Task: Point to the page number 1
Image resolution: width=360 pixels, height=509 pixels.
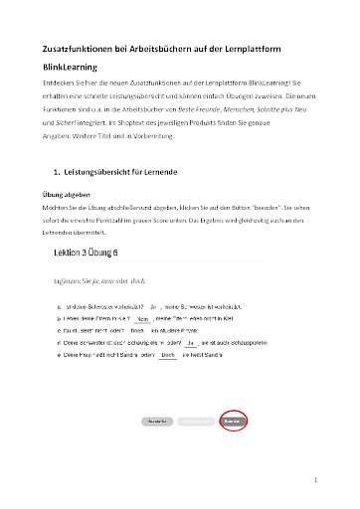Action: click(313, 480)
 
